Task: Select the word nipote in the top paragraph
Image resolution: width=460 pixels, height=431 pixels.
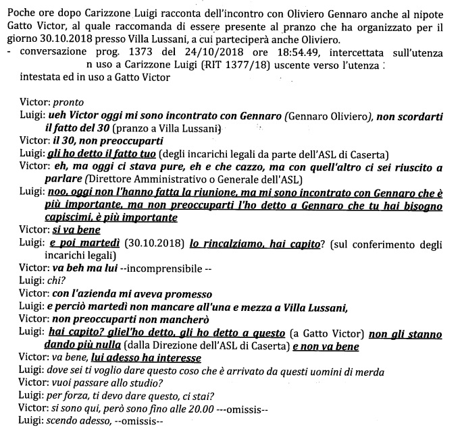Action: (436, 7)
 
